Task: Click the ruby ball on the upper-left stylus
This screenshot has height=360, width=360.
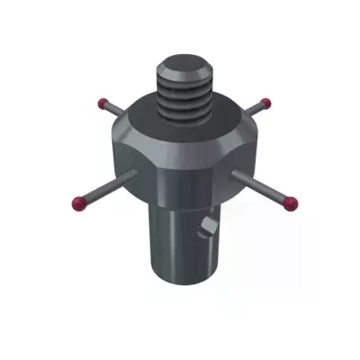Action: click(103, 101)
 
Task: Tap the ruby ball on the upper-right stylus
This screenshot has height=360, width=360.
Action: click(265, 102)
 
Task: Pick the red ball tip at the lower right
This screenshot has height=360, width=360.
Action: click(291, 203)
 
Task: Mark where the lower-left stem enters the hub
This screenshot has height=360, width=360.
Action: click(134, 174)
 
